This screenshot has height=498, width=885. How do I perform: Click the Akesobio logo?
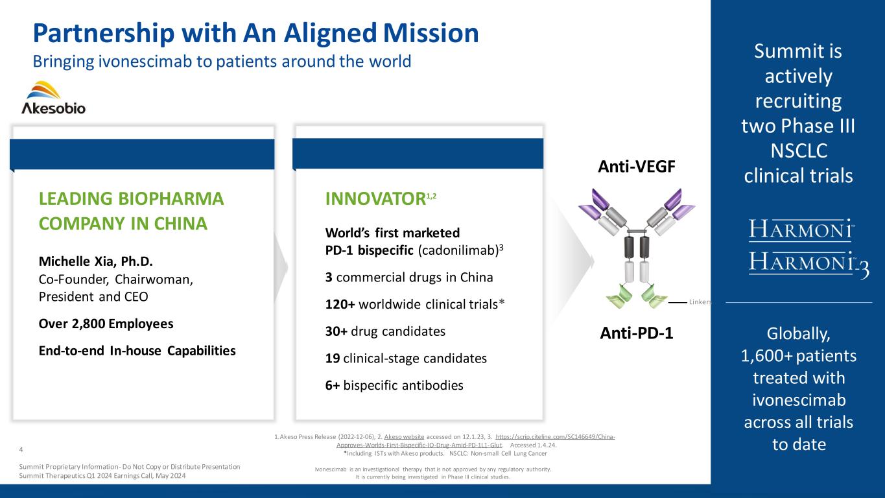click(x=53, y=98)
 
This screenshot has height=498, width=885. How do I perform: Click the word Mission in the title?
click(x=431, y=33)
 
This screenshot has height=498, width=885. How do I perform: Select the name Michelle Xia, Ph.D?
click(x=95, y=261)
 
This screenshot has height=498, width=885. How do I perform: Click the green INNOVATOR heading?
click(x=375, y=199)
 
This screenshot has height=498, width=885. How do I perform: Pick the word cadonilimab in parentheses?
click(x=458, y=250)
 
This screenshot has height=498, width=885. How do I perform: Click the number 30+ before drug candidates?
click(x=336, y=331)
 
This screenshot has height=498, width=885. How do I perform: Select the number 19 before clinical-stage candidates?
click(x=333, y=358)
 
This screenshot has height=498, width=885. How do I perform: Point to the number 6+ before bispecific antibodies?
click(x=333, y=385)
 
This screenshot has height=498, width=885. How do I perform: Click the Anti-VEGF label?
click(x=637, y=167)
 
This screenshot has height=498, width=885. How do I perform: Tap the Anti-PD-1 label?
click(x=637, y=333)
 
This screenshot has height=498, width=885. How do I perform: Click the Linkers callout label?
click(x=700, y=302)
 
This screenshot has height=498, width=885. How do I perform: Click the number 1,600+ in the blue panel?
click(x=766, y=356)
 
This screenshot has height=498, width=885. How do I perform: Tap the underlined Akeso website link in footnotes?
click(x=404, y=437)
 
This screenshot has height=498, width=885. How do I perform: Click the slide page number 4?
click(x=21, y=449)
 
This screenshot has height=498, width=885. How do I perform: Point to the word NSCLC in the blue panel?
click(x=799, y=151)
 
